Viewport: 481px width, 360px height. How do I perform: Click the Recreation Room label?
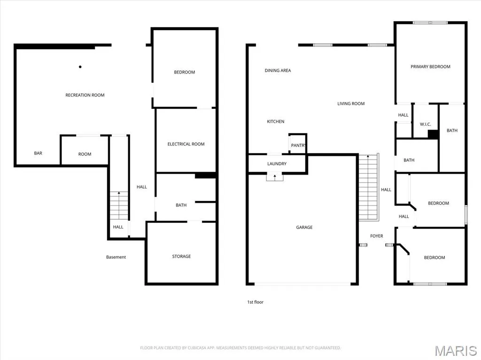85,95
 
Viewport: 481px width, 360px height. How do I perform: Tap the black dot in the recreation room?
80,67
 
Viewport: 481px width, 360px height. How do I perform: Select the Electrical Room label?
186,144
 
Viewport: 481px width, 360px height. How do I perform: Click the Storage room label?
181,256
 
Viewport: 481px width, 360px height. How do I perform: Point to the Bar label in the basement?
38,153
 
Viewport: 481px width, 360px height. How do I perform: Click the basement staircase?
119,206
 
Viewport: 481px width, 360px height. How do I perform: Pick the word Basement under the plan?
116,257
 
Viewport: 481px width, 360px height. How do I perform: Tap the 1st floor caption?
255,302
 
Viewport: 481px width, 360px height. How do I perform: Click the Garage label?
304,227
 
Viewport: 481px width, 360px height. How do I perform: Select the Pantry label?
298,146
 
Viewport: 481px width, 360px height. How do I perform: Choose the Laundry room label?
277,164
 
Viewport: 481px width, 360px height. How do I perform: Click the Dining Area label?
278,70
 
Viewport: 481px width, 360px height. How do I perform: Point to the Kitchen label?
275,122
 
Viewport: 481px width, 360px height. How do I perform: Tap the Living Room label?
351,104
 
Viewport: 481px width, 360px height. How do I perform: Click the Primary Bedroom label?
430,67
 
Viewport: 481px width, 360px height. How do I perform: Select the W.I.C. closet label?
425,124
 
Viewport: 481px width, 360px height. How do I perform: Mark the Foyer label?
376,236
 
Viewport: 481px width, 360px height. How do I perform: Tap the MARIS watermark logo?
456,351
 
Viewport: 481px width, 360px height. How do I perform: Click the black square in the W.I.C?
433,134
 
